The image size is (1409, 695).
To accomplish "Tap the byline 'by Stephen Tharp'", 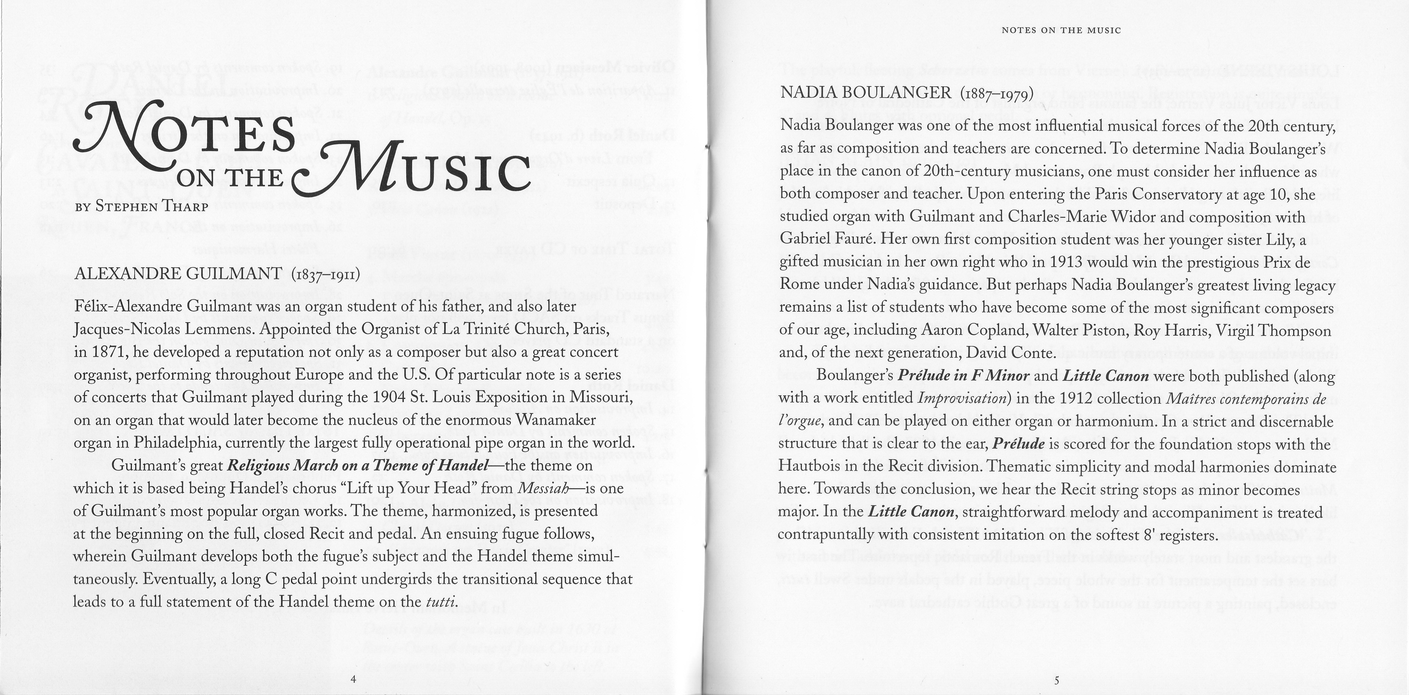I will point(142,207).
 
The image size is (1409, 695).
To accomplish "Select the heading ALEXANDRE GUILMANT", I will point(178,273).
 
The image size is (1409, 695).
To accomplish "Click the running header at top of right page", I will point(1061,31).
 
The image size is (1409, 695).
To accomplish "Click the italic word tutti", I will point(440,602).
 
